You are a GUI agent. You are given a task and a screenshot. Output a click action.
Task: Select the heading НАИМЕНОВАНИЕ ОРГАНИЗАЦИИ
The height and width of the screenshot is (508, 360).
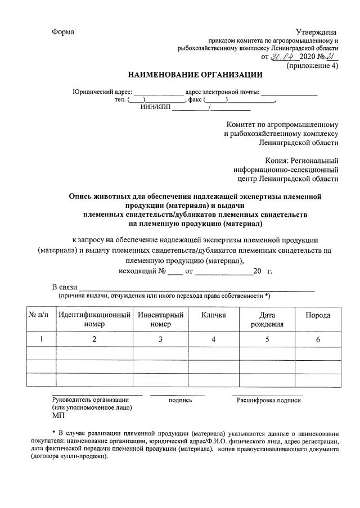pyautogui.click(x=195, y=74)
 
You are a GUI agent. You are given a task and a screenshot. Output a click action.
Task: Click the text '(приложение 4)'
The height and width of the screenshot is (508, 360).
pyautogui.click(x=313, y=66)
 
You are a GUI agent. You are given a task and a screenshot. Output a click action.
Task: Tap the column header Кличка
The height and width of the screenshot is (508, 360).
pyautogui.click(x=214, y=315)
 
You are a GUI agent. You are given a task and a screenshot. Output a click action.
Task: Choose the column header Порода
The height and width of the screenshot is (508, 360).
pyautogui.click(x=318, y=315)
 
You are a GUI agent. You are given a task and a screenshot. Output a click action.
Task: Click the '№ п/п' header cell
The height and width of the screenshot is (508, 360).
pyautogui.click(x=39, y=315)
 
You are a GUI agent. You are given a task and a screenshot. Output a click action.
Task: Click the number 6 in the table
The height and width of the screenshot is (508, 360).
pyautogui.click(x=318, y=339)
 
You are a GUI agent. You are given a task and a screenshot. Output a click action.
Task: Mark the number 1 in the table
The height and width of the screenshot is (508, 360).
pyautogui.click(x=39, y=339)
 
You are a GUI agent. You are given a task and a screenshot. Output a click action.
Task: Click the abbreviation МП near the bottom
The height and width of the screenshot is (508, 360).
pyautogui.click(x=58, y=416)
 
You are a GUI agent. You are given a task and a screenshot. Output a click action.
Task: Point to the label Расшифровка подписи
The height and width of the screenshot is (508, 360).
pyautogui.click(x=269, y=400)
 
